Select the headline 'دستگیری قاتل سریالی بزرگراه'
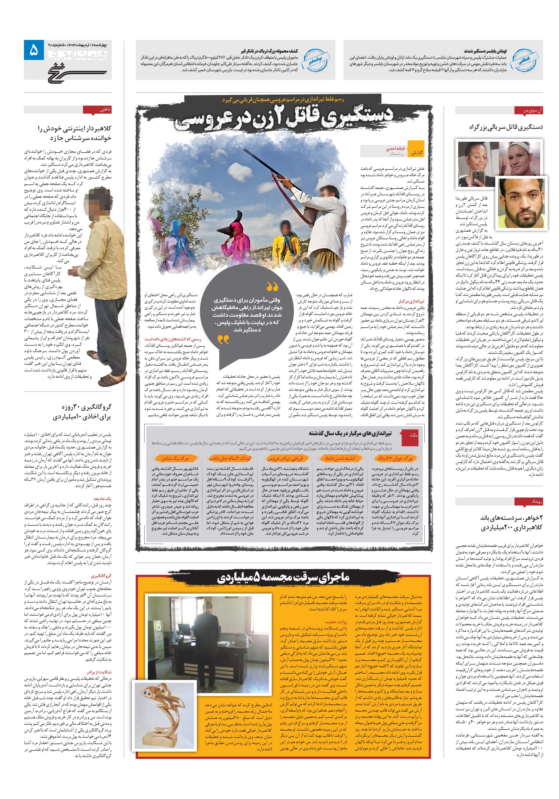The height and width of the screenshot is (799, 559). (505, 127)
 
